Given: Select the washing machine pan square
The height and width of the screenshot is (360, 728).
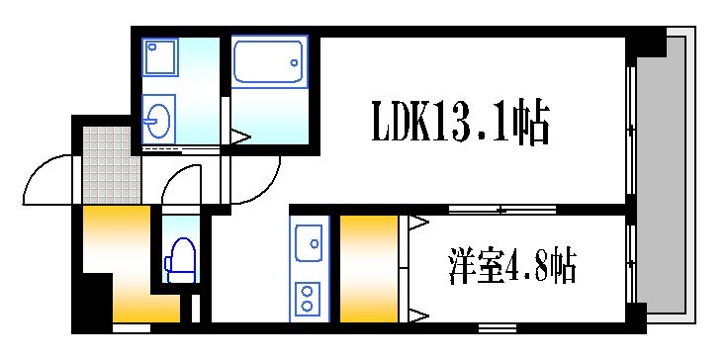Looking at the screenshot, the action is (x=158, y=58).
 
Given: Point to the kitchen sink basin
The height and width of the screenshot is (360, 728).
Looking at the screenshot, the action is (x=308, y=240).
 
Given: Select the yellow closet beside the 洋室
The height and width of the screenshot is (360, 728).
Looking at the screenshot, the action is (x=368, y=268).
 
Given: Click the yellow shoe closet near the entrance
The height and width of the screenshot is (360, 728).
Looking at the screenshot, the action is (x=114, y=262).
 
